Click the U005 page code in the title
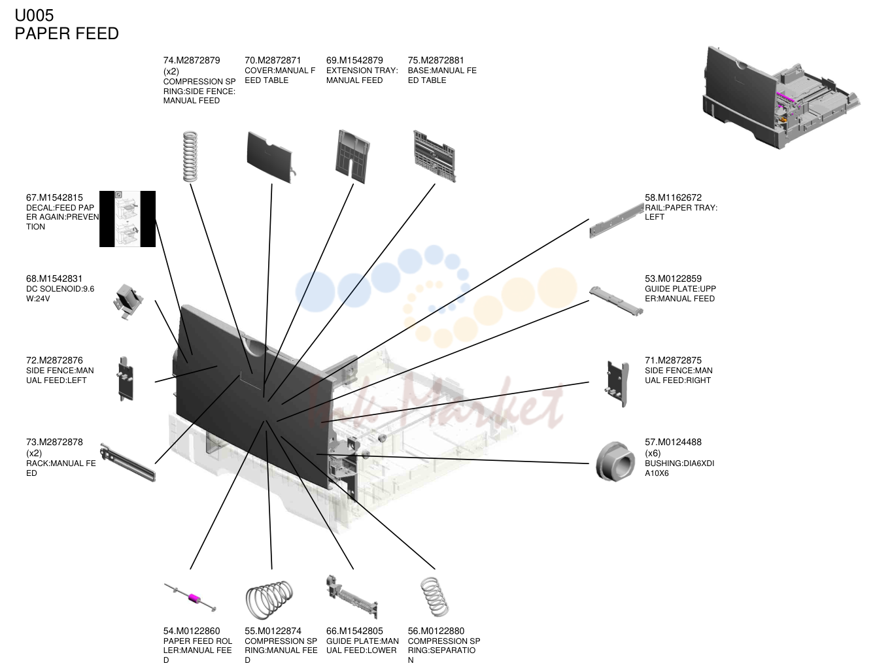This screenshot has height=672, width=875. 34,15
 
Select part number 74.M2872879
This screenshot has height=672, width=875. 191,60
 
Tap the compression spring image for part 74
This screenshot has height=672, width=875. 190,156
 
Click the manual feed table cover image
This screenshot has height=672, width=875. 269,158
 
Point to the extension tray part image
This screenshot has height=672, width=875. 352,156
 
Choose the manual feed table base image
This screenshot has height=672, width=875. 434,156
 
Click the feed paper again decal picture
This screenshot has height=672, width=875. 128,219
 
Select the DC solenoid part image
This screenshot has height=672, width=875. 128,301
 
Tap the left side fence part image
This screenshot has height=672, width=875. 126,378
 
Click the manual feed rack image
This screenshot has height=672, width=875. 128,462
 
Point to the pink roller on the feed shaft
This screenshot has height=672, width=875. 194,597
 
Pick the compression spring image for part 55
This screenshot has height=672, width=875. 269,599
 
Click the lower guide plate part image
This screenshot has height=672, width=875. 352,597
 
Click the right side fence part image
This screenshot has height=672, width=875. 617,384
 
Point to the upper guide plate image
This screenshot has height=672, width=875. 616,301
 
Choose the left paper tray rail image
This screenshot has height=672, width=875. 617,220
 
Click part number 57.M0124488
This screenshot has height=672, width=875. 673,442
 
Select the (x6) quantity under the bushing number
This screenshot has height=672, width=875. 652,453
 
